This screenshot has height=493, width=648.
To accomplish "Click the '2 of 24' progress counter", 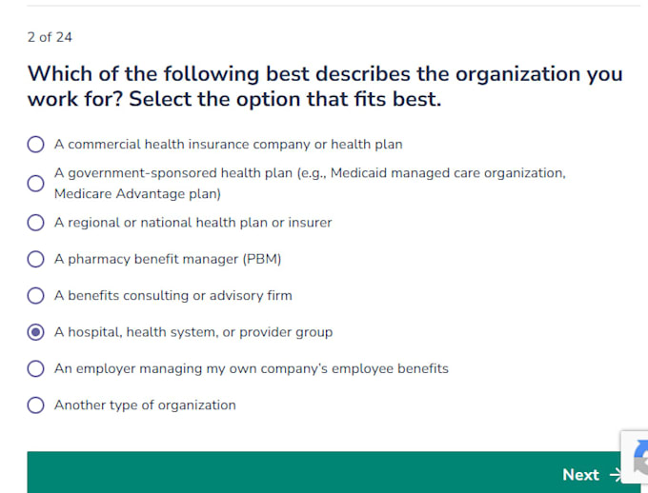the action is tap(50, 37).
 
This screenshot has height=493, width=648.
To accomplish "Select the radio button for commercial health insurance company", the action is tap(35, 145).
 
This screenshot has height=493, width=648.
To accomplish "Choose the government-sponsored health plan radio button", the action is tap(35, 184).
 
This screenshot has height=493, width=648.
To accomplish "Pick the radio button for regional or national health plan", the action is tap(35, 223).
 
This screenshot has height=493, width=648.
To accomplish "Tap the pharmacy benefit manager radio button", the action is tap(35, 259).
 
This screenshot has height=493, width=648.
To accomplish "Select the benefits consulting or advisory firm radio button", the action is tap(35, 296).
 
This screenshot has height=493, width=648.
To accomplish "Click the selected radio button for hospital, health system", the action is tap(35, 332).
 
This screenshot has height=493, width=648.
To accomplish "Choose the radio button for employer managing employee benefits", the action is tap(35, 368).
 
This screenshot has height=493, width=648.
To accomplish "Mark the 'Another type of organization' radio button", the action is tap(35, 405).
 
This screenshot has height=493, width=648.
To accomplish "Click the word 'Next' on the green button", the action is tap(580, 475).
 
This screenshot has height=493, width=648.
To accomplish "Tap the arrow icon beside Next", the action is tap(616, 475).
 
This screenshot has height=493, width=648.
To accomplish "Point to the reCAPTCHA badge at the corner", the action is tap(635, 457).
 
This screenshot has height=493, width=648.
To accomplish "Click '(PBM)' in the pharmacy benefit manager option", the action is tap(262, 259).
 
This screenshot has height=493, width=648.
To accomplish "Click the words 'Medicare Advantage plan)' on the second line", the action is tap(137, 193).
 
